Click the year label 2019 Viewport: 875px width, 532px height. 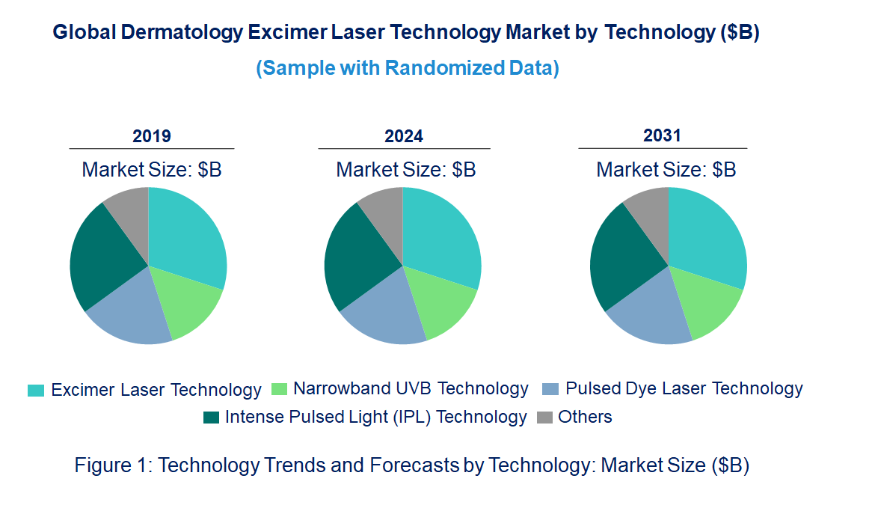click(152, 136)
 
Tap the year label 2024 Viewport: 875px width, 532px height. click(404, 136)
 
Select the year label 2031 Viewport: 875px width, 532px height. click(663, 135)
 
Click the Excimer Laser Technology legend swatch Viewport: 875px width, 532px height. click(36, 391)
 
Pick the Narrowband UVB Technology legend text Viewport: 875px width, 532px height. click(411, 389)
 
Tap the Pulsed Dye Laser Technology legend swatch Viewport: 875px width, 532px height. click(550, 389)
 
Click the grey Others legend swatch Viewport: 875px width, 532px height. click(545, 418)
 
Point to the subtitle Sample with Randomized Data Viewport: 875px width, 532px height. click(408, 68)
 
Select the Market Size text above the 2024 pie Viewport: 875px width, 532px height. click(406, 170)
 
